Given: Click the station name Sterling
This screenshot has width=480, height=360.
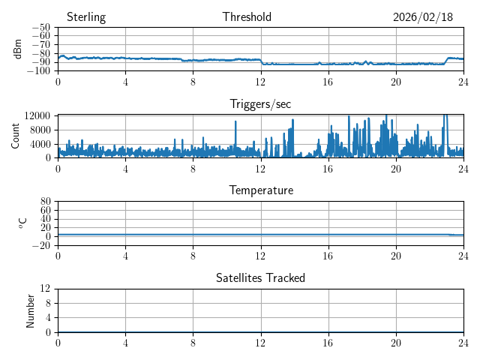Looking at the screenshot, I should (x=86, y=17).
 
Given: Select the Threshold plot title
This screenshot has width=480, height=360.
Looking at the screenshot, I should (x=247, y=17).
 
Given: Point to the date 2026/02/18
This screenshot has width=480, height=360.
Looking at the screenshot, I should (x=423, y=17).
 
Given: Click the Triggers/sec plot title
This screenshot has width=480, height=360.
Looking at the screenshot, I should (x=260, y=103).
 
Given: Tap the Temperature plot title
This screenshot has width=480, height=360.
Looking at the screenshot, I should (x=261, y=190).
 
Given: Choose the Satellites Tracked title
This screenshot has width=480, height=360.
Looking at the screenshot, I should (x=260, y=277).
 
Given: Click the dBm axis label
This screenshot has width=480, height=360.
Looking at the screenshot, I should (x=18, y=49).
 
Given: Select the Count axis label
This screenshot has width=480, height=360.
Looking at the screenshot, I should (x=15, y=136).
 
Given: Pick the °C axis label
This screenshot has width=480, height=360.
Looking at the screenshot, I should (x=22, y=223).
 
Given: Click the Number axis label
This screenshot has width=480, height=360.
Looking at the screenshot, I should (x=31, y=310).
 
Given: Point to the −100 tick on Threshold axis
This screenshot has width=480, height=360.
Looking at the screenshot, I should (x=40, y=70).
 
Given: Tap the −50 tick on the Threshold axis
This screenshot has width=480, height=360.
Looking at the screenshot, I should (x=42, y=27).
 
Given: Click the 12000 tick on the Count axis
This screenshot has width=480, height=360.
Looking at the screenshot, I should (x=37, y=115).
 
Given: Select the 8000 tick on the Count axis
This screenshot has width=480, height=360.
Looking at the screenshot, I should (x=40, y=130).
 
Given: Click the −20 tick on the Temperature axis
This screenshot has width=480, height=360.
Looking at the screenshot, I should (x=40, y=245).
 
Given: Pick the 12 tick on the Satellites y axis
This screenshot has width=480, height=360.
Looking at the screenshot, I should (x=46, y=289).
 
